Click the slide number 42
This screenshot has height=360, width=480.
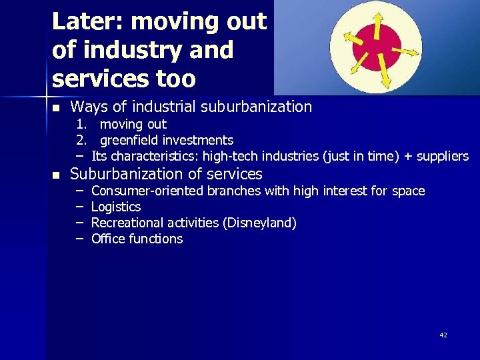tap(443, 335)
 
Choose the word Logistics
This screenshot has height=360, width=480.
tap(116, 207)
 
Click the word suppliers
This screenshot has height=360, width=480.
tap(443, 156)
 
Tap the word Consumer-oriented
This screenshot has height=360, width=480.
tap(147, 191)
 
